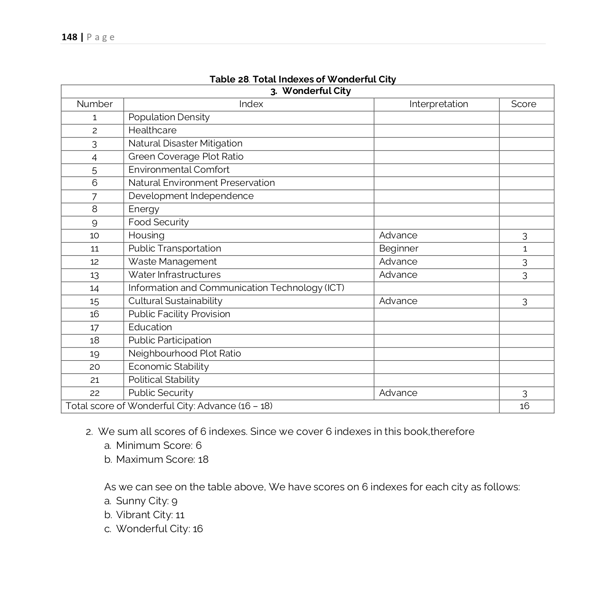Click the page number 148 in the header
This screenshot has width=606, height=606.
[x=69, y=37]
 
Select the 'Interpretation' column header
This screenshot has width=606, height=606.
[x=438, y=104]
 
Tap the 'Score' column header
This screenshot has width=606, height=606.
[x=523, y=104]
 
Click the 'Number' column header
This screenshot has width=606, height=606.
[x=94, y=104]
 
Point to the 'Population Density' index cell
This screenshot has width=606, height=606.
[x=169, y=117]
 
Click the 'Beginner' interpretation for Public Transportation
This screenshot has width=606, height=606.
[x=398, y=249]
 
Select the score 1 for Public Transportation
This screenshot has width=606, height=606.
[x=524, y=249]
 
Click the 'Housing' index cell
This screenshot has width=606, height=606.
[x=146, y=236]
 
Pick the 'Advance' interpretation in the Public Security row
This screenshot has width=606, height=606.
[x=398, y=393]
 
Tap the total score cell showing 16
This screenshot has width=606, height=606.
[x=524, y=406]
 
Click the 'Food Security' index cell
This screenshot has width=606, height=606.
[x=158, y=222]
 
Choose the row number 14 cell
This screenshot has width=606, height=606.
[x=94, y=288]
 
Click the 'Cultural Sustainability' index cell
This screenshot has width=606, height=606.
[x=175, y=301]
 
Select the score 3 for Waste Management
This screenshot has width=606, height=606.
[x=524, y=262]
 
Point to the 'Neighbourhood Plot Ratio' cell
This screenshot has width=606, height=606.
[x=184, y=354]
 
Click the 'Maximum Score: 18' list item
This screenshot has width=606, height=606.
[x=162, y=460]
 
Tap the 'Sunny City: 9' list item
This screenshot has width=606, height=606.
[x=146, y=501]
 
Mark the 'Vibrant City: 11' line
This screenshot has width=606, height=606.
[x=150, y=515]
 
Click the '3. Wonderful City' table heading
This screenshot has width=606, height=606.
[x=311, y=91]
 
